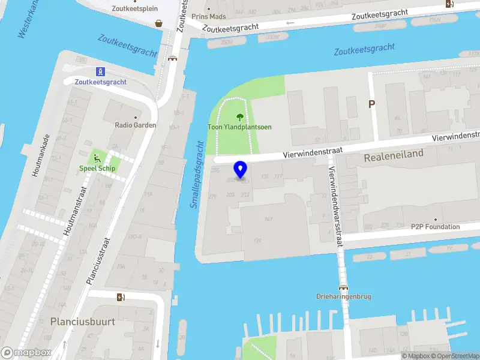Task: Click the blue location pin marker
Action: [241, 170]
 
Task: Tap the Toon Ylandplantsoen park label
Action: [239, 127]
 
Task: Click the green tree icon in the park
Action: [240, 117]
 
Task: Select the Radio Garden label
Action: [136, 125]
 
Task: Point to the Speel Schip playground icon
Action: [97, 158]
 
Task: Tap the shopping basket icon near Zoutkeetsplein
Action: [158, 23]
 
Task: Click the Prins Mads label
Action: [209, 17]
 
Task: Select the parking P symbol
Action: [371, 104]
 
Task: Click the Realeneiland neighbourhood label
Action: [394, 154]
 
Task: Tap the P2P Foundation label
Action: [435, 227]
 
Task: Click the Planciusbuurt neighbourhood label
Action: [83, 322]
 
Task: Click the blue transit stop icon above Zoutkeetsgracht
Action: [101, 71]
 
